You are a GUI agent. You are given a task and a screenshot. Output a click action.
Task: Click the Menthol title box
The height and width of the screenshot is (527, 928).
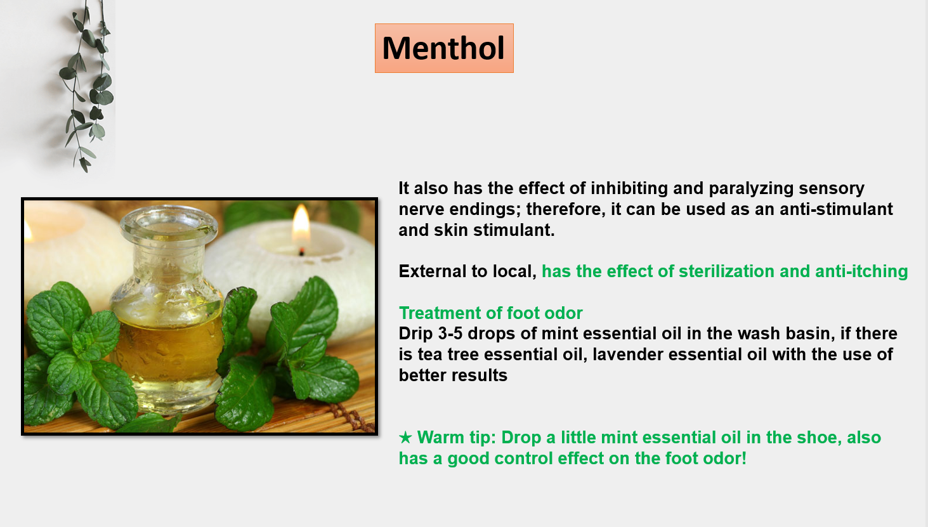click(x=444, y=48)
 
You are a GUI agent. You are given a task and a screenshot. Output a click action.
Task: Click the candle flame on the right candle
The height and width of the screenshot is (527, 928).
click(x=301, y=226)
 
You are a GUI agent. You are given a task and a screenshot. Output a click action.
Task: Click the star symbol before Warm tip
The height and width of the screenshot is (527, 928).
click(x=405, y=438)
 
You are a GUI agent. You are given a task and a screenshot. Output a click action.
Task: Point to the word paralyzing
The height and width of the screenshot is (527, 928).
click(x=750, y=188)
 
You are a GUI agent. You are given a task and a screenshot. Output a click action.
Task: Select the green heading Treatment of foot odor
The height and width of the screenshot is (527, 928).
click(x=490, y=313)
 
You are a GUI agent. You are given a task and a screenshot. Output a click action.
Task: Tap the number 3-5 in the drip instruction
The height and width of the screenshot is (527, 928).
click(x=450, y=334)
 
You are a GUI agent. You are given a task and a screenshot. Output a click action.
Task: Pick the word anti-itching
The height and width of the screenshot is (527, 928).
click(x=861, y=272)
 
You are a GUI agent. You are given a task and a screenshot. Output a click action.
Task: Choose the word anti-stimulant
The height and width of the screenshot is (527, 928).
click(x=836, y=209)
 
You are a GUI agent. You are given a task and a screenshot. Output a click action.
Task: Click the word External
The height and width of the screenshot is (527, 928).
click(x=432, y=271)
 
